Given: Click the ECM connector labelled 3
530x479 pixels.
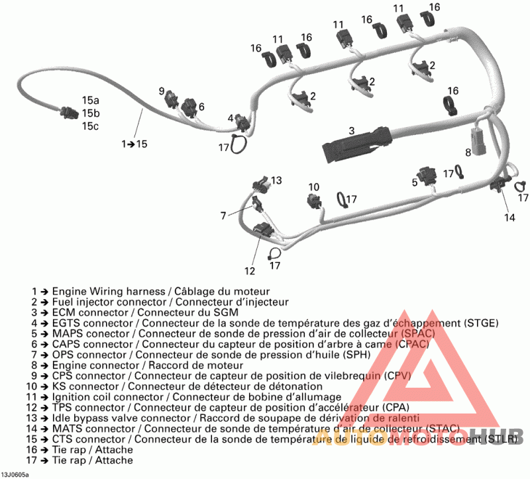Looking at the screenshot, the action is coord(358,142).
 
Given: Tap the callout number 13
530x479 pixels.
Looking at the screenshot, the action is coord(276,180).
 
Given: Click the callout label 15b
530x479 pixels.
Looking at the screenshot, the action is coord(91,113).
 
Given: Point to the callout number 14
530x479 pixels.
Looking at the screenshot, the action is coord(509,217).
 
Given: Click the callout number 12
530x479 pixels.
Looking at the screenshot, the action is coord(249,270).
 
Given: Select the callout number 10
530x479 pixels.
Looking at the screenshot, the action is coord(313,187).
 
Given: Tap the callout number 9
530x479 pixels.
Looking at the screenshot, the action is coord(162,91).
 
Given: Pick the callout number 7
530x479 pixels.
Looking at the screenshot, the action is coord(223,214).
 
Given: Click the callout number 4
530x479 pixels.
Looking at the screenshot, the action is coord(231,118).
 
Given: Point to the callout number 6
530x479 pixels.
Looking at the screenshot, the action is coord(201,107).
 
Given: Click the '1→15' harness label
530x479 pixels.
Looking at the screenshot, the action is coord(134,143).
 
